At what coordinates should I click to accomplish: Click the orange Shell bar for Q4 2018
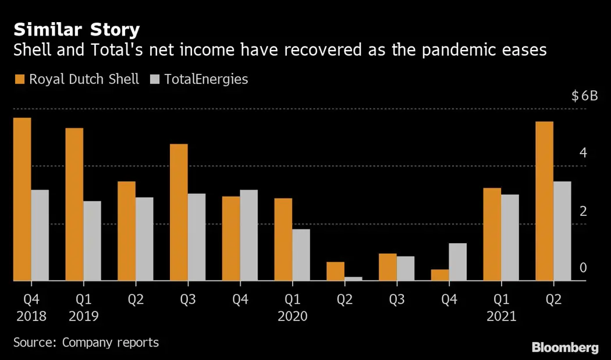tap(22, 199)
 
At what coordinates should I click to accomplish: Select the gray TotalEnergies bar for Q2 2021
tap(562, 231)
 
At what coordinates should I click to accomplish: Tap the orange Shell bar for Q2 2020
tap(335, 272)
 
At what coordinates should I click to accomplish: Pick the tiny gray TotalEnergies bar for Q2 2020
tap(353, 279)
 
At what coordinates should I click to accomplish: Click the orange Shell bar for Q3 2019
tap(179, 212)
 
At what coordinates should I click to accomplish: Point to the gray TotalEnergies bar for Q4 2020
tap(457, 262)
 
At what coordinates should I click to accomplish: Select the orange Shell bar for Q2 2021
tap(544, 201)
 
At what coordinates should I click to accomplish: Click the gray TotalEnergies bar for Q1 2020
tap(301, 255)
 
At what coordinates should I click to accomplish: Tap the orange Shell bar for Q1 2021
tap(492, 234)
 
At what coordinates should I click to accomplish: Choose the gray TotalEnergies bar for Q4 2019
tap(248, 236)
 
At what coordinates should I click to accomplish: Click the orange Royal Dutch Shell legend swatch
tap(19, 79)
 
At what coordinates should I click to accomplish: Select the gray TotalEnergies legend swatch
tap(155, 79)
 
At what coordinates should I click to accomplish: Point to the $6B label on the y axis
tap(584, 96)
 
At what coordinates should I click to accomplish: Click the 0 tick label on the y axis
tap(584, 268)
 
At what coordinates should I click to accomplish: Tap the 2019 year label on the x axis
tap(83, 316)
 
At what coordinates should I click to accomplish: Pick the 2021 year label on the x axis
tap(500, 316)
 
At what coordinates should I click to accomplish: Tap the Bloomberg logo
tap(564, 347)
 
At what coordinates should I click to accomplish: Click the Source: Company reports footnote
tap(86, 342)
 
